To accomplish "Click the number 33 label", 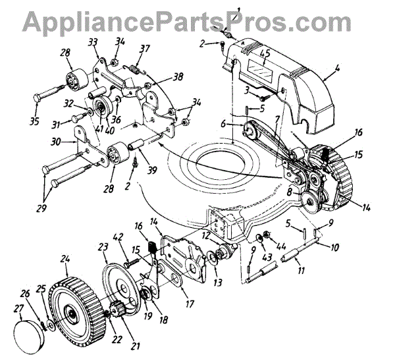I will pyautogui.click(x=93, y=42).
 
